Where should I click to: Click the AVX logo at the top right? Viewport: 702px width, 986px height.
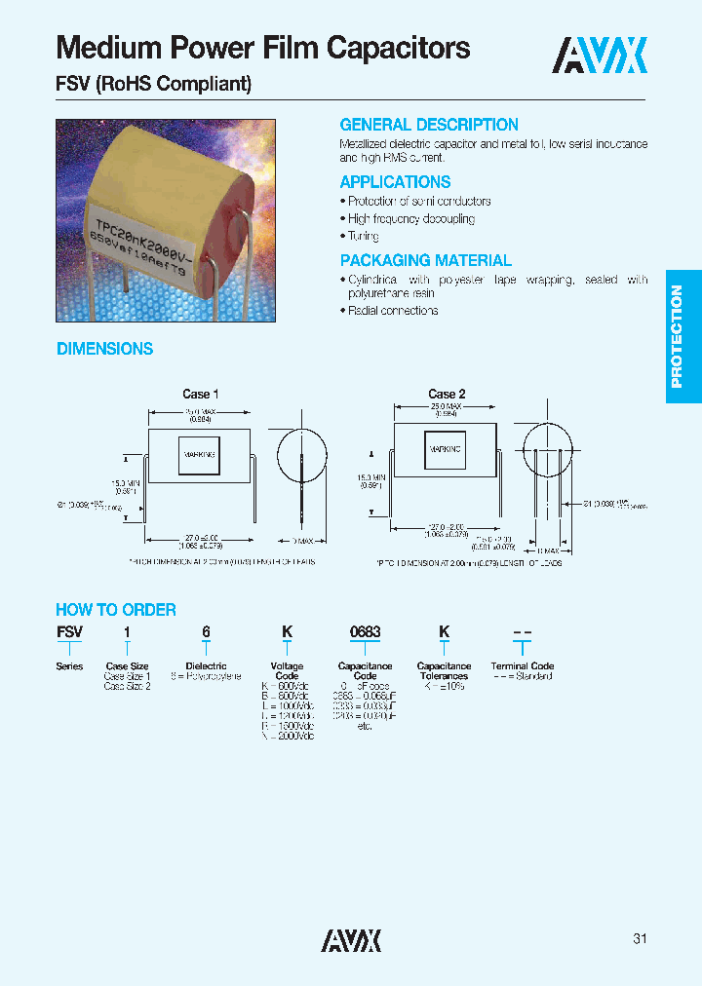coord(600,56)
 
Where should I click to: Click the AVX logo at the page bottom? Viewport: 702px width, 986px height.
coord(351,939)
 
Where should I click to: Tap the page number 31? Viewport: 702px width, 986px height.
coord(640,939)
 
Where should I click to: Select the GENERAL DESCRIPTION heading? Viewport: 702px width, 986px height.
coord(429,125)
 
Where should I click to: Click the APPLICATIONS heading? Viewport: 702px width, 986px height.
coord(395,182)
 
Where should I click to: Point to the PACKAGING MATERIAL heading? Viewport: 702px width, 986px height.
coord(425,260)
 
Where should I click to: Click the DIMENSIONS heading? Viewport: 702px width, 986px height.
coord(104,349)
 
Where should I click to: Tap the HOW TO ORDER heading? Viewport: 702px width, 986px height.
coord(116,610)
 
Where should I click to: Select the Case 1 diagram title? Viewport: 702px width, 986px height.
coord(200,394)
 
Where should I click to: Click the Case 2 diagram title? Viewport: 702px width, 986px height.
coord(447,394)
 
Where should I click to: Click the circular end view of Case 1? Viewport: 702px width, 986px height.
coord(301,453)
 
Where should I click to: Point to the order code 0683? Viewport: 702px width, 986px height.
coord(365,632)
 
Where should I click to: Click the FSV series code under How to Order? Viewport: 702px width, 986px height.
coord(69,632)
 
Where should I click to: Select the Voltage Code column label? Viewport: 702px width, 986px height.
coord(287,671)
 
